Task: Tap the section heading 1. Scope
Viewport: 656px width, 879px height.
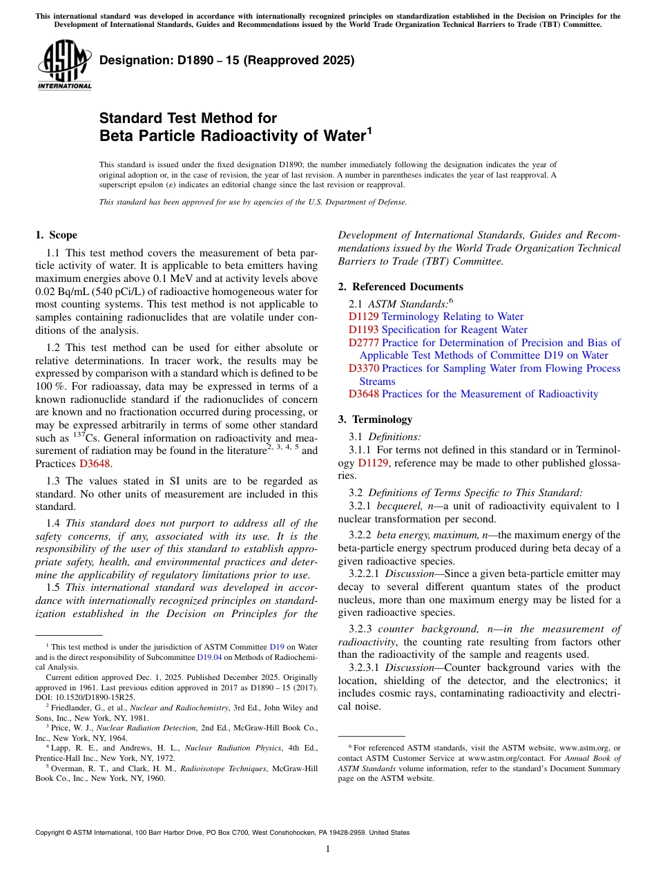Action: [x=57, y=235]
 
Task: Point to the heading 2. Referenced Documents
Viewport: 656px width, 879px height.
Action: [x=401, y=287]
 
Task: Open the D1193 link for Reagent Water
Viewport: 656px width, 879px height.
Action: [x=363, y=330]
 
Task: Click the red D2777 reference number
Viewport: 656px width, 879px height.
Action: [x=363, y=343]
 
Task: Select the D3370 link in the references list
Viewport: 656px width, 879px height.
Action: [x=363, y=368]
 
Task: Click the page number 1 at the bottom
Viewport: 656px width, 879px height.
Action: [x=328, y=849]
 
